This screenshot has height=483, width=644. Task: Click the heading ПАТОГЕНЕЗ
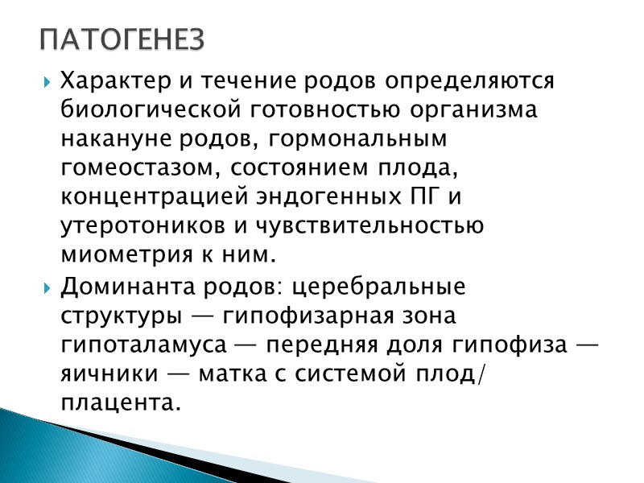coord(123,39)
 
